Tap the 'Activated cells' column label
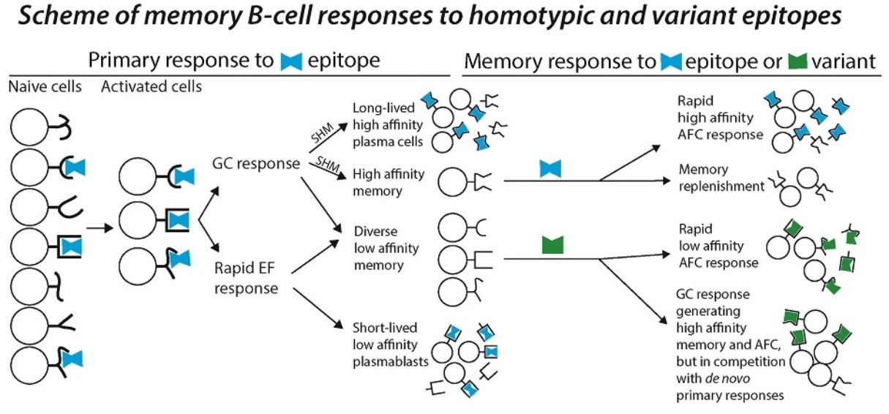pyautogui.click(x=151, y=86)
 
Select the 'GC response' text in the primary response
pyautogui.click(x=256, y=163)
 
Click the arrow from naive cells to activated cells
pyautogui.click(x=99, y=228)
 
